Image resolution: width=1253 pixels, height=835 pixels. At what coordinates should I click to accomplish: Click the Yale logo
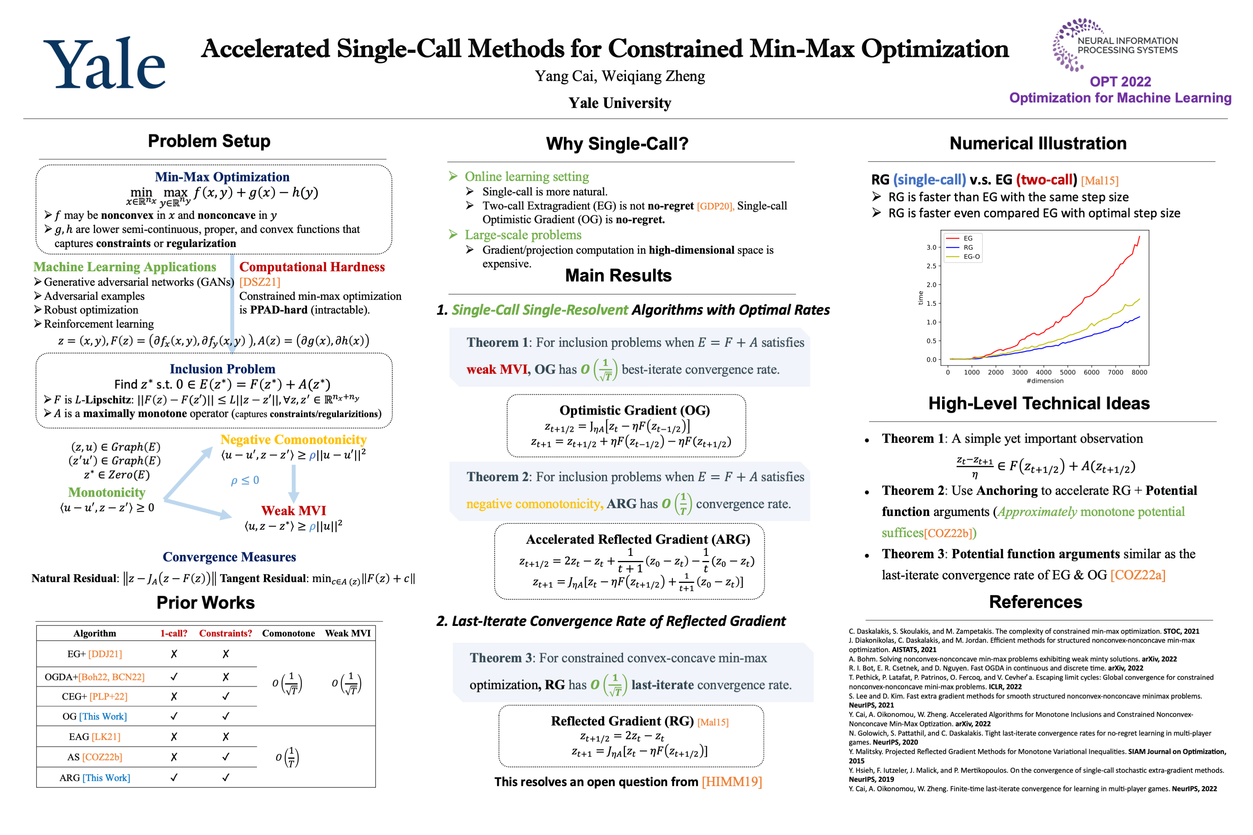105,64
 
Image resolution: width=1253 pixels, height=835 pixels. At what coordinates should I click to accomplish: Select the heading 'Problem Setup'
209,141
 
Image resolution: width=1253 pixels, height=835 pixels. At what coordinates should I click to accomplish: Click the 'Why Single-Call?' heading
617,144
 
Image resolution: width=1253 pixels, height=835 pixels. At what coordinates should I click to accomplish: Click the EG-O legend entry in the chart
971,257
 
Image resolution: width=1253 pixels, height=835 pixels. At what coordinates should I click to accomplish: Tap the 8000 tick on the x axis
1139,372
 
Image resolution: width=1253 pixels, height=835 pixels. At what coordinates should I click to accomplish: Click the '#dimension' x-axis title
1044,381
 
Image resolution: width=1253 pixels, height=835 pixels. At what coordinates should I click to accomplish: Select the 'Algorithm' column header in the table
95,633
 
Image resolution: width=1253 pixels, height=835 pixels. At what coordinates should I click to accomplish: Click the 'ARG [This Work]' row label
95,778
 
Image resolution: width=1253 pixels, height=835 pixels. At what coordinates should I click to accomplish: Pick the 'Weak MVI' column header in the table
348,633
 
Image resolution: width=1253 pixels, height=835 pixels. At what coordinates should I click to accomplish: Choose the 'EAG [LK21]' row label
95,737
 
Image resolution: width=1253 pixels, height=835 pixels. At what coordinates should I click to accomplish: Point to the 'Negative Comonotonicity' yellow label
293,440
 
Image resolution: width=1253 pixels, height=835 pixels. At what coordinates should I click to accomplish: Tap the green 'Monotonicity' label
107,492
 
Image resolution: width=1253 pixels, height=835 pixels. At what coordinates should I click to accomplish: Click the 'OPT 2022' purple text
1120,81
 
